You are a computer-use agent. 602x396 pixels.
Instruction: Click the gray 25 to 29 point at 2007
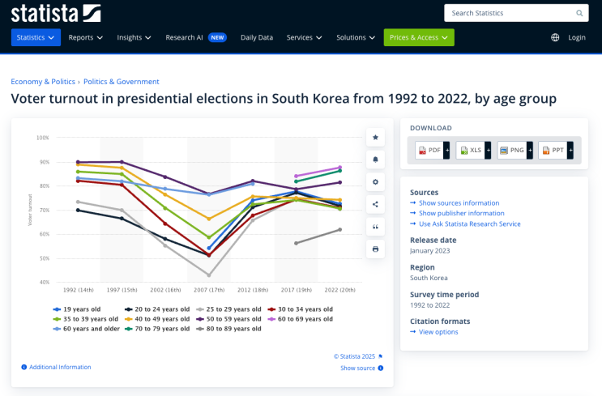[209, 275]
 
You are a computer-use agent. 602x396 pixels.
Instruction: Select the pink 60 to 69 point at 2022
[339, 168]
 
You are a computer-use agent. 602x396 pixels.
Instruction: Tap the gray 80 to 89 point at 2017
[296, 243]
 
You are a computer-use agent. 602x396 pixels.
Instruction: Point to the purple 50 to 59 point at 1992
[78, 162]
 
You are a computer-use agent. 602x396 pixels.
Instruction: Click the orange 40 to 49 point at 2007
[209, 219]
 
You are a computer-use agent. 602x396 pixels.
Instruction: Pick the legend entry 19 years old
[77, 309]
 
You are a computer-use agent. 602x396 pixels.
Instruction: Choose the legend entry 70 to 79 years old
[157, 329]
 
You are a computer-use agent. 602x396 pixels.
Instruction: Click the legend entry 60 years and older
[87, 329]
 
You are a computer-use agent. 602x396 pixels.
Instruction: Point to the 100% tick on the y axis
[43, 138]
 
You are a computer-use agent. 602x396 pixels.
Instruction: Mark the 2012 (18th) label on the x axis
[253, 290]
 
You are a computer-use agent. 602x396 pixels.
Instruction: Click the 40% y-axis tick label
[44, 283]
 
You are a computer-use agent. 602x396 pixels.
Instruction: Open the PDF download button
[433, 150]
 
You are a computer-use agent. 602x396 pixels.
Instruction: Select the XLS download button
[473, 150]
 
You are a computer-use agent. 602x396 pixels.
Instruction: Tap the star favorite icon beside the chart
[375, 138]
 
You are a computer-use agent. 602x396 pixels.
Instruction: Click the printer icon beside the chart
[375, 249]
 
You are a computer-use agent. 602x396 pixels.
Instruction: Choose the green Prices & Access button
[419, 37]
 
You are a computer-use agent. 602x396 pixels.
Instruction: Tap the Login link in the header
[577, 37]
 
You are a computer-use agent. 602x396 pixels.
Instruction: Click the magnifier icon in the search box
[579, 13]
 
